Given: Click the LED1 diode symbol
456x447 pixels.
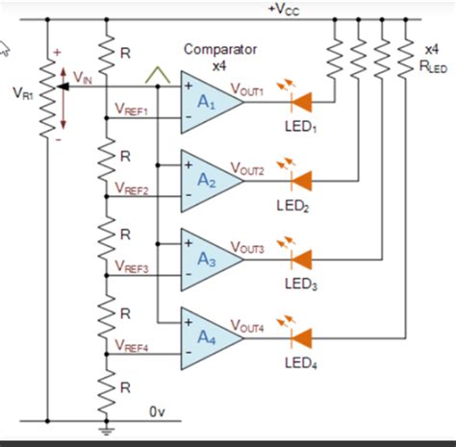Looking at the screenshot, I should click(x=301, y=100).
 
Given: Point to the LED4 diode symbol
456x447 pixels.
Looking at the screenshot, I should click(x=301, y=337).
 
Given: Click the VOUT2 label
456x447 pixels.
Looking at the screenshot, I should click(x=250, y=167).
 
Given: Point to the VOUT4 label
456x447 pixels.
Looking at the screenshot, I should click(x=250, y=326).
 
